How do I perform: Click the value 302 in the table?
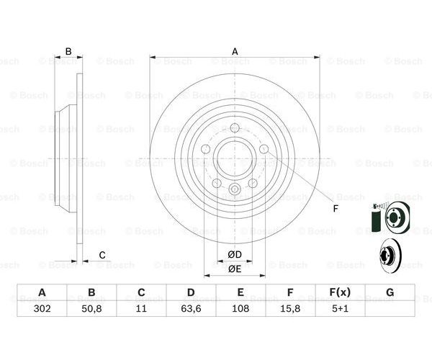click(x=42, y=308)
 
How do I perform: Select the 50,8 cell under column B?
click(x=91, y=308)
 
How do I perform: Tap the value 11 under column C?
click(x=141, y=308)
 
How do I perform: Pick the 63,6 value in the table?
click(x=191, y=308)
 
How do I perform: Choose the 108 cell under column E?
click(x=240, y=308)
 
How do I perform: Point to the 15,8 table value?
click(x=290, y=308)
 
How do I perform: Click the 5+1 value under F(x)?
click(x=340, y=308)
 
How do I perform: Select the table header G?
click(x=390, y=292)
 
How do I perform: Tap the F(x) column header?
click(x=340, y=292)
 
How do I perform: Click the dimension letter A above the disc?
click(x=235, y=52)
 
